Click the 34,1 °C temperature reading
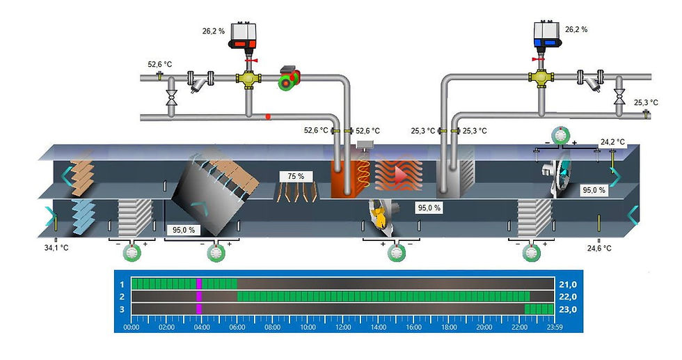click(x=56, y=247)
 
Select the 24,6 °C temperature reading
click(x=598, y=248)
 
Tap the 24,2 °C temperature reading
click(x=612, y=142)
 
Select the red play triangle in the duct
click(x=400, y=175)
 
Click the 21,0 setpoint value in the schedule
click(x=568, y=284)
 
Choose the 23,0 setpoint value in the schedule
click(x=568, y=308)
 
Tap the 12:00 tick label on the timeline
click(x=342, y=326)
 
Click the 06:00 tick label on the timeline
click(x=237, y=326)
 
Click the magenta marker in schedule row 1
click(x=199, y=283)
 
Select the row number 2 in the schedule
click(x=122, y=296)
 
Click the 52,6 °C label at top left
click(x=159, y=64)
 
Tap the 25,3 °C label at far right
click(x=645, y=103)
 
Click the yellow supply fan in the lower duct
click(x=379, y=214)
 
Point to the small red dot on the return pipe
click(x=268, y=116)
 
